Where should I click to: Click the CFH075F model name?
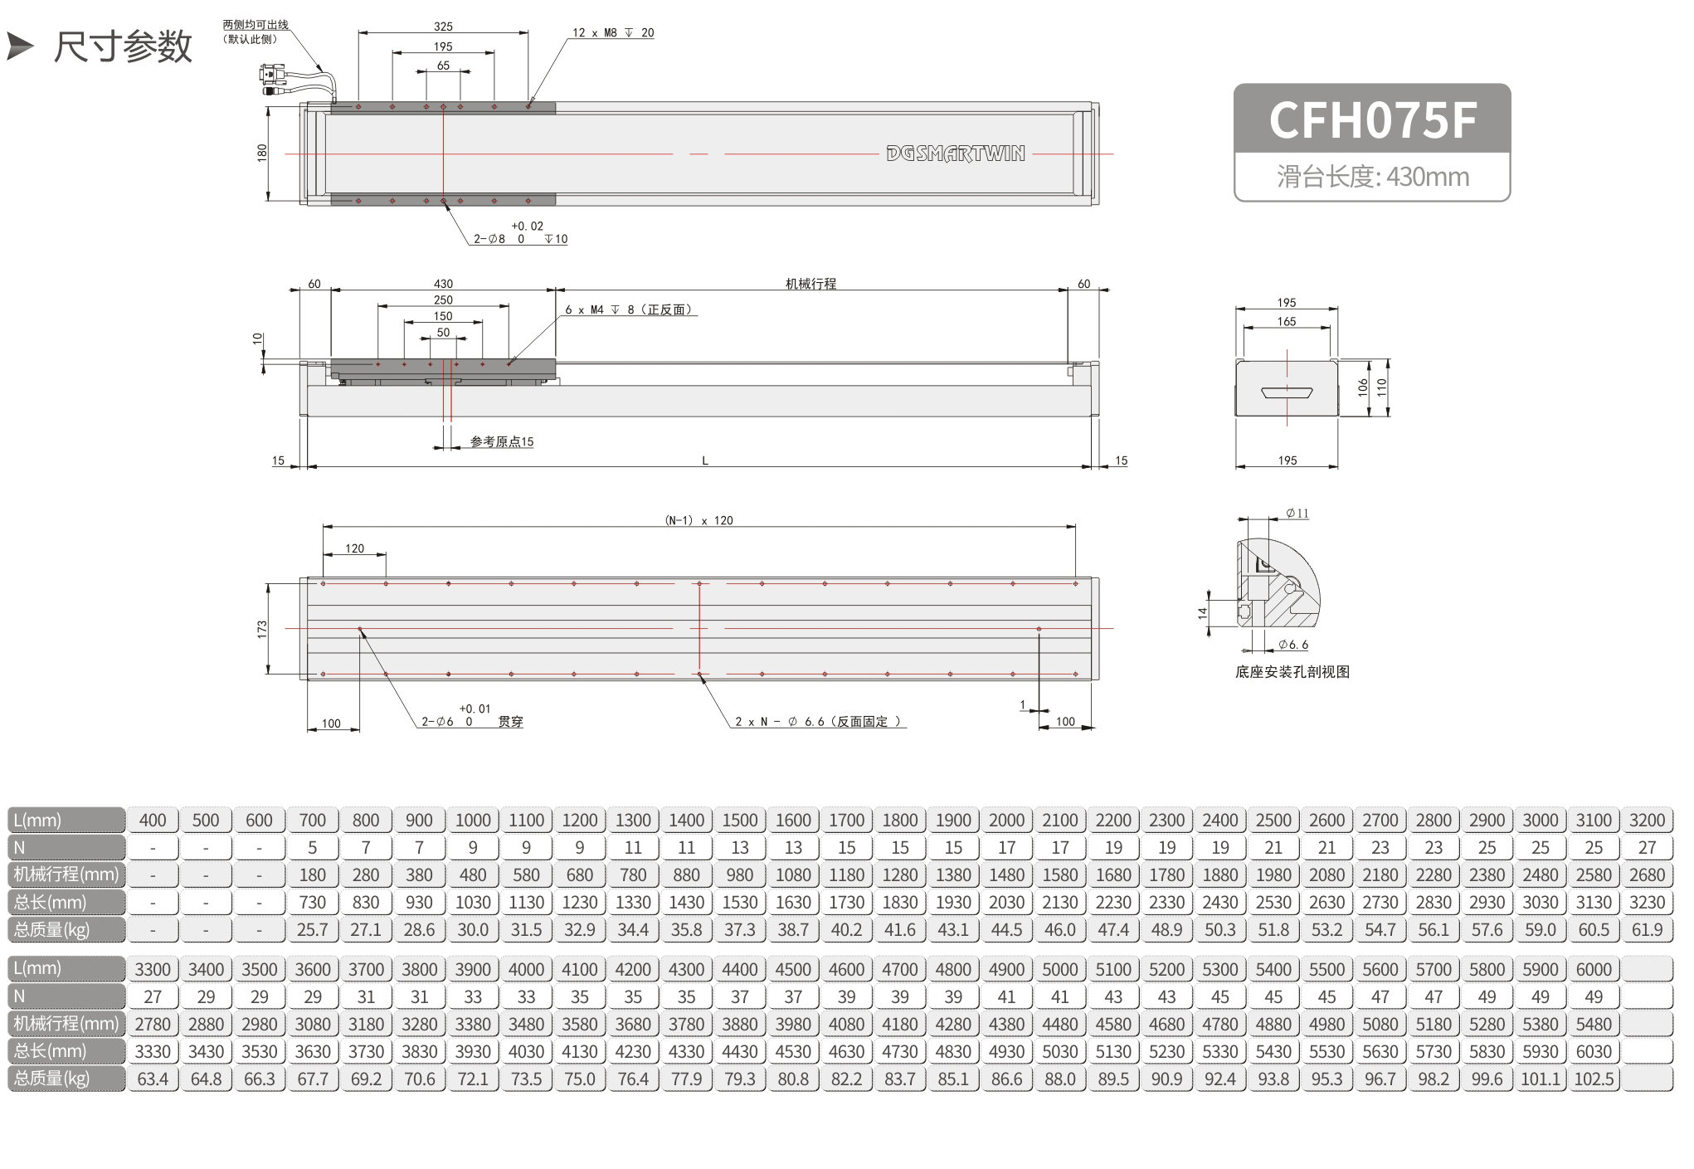click(x=1372, y=119)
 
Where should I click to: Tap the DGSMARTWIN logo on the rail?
click(x=956, y=153)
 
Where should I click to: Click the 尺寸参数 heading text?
click(x=123, y=46)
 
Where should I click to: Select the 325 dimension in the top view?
click(x=443, y=27)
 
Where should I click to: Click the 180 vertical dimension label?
click(x=262, y=153)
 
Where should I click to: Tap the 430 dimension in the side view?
click(x=444, y=284)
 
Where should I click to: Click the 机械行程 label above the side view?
click(x=810, y=284)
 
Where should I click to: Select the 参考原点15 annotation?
click(x=502, y=441)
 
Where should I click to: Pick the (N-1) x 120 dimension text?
click(x=699, y=520)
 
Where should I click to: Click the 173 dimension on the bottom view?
click(x=262, y=629)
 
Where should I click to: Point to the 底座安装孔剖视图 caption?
click(x=1292, y=672)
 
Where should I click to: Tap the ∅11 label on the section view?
click(x=1297, y=514)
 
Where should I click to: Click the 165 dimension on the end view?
click(x=1287, y=321)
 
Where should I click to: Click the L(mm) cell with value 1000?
click(x=473, y=820)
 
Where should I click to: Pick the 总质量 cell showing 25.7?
click(x=313, y=929)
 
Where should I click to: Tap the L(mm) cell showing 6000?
click(x=1594, y=969)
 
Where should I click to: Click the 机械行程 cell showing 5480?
click(x=1594, y=1024)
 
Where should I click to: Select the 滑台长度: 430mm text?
click(x=1373, y=177)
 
